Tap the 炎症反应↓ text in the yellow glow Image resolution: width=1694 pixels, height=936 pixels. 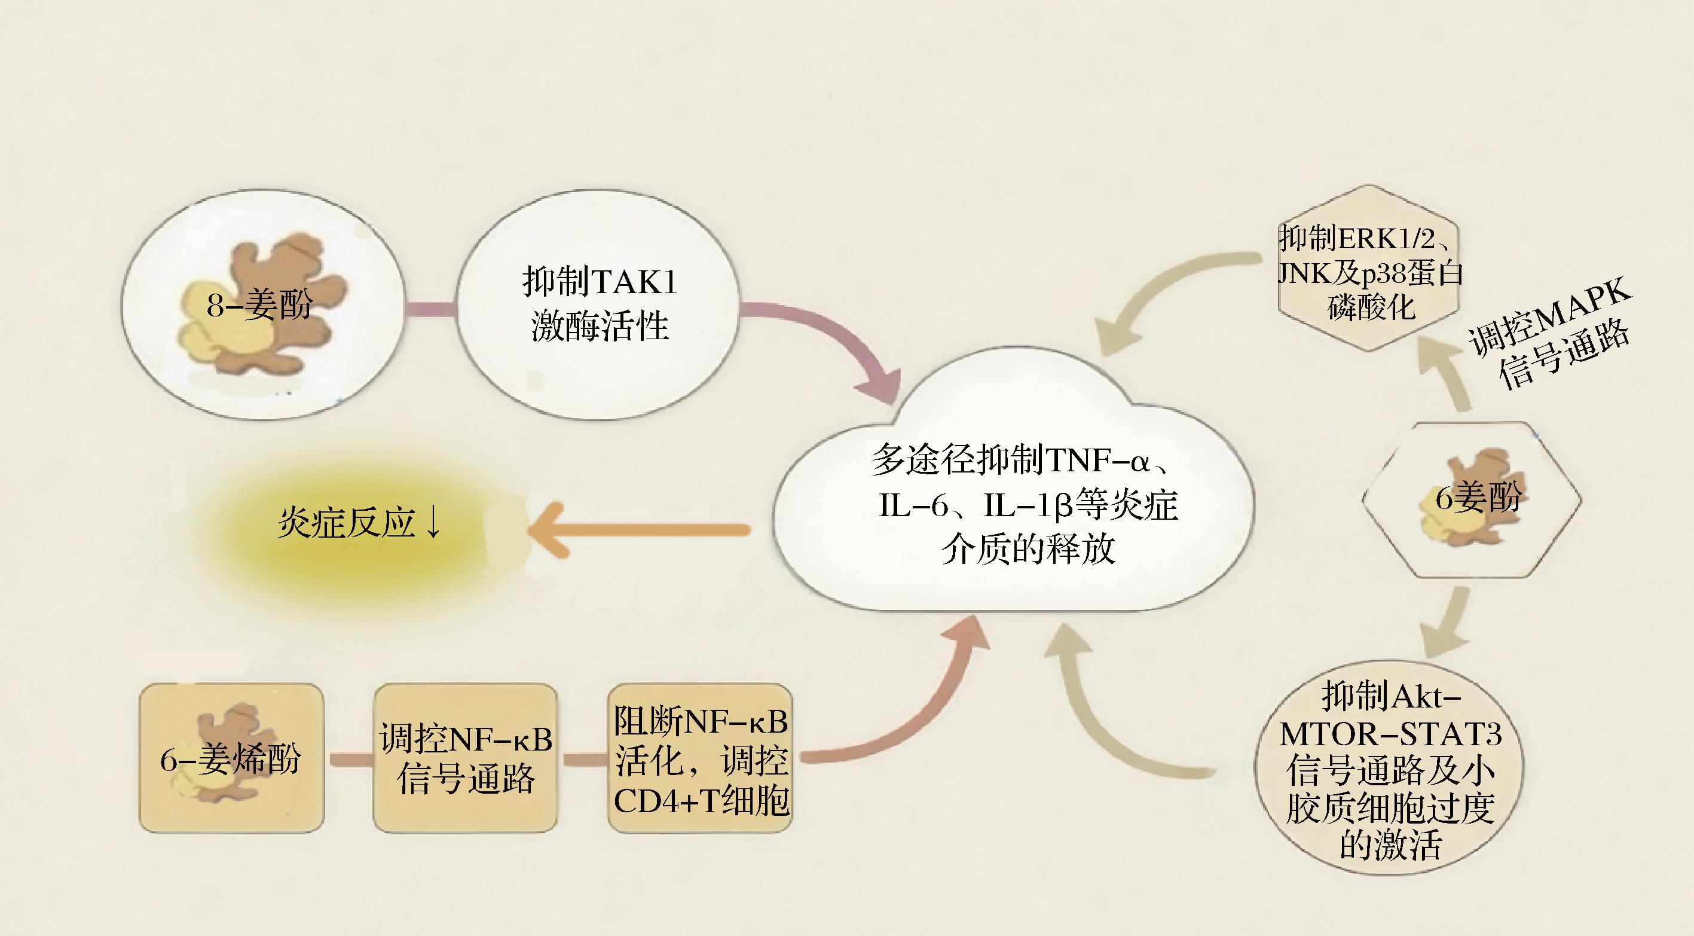[359, 523]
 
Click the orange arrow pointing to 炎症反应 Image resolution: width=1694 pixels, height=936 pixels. [638, 529]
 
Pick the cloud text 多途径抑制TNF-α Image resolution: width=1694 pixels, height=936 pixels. [1023, 461]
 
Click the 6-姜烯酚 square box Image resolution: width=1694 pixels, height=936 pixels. [231, 757]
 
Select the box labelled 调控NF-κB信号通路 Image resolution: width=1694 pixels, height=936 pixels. [466, 757]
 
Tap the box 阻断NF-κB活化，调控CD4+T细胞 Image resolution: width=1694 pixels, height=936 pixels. [701, 757]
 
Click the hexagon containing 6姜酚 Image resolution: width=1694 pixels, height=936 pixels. [1471, 500]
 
